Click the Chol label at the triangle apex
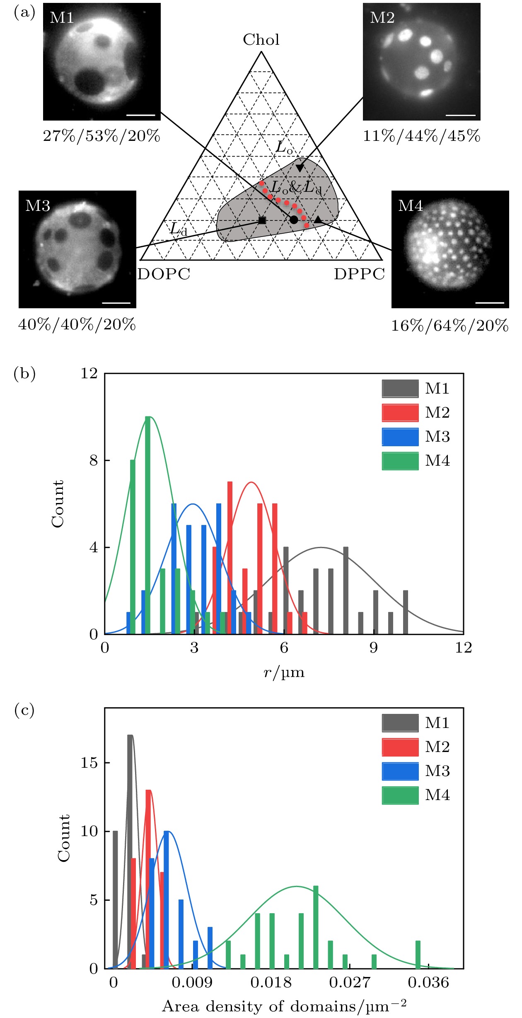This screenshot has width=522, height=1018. click(x=261, y=40)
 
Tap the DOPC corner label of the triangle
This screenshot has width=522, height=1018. click(x=164, y=274)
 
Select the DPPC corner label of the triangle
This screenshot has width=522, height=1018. click(x=359, y=274)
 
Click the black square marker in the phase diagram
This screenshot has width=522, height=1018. click(x=262, y=220)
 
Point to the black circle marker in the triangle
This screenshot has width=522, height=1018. click(x=294, y=220)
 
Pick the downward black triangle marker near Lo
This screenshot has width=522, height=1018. click(x=300, y=168)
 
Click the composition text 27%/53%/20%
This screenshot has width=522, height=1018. click(x=101, y=136)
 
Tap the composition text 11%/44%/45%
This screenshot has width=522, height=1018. click(x=421, y=136)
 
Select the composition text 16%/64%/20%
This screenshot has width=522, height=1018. click(x=450, y=326)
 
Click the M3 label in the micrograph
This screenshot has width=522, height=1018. click(x=38, y=206)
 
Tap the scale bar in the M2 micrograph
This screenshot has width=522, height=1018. click(x=461, y=115)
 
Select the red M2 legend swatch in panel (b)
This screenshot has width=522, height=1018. click(x=400, y=413)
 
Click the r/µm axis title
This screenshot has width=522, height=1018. click(x=284, y=672)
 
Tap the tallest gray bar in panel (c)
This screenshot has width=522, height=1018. click(x=130, y=852)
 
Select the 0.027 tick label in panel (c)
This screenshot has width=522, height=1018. click(x=350, y=982)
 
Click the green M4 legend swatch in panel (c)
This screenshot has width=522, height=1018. click(x=400, y=795)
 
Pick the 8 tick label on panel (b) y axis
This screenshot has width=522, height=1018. click(x=94, y=460)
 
